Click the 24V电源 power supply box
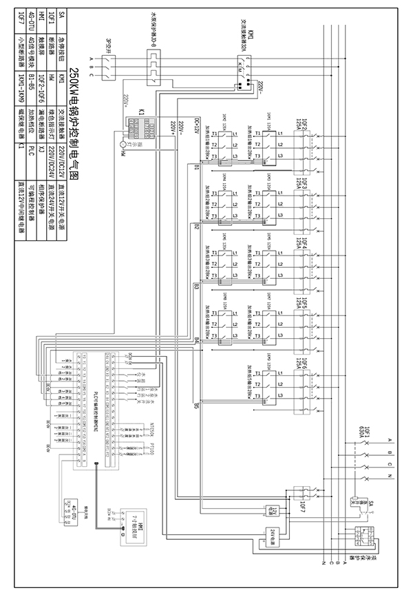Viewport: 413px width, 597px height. [x=274, y=534]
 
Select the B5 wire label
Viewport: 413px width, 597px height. [x=197, y=405]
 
